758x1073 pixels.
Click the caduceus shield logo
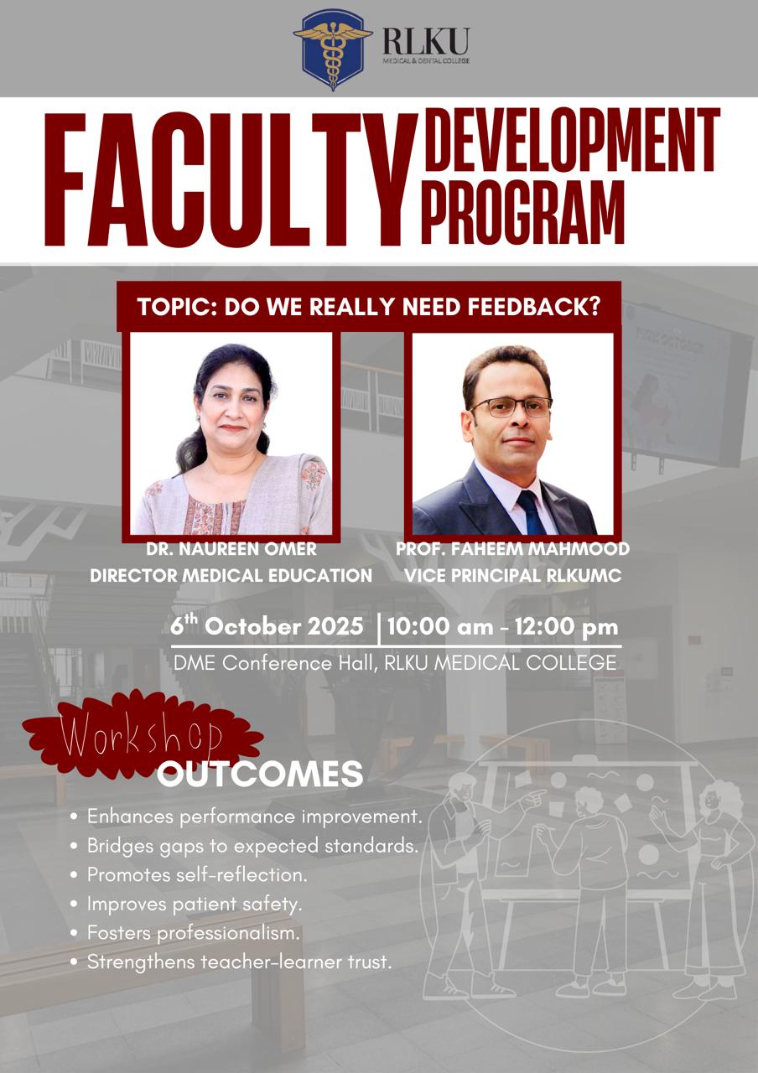click(333, 49)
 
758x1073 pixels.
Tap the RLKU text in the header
click(426, 42)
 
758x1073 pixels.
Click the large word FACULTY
click(231, 180)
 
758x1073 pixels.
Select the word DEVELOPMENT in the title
click(573, 140)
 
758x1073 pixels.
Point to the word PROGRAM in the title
click(525, 212)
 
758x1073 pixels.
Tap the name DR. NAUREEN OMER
click(231, 549)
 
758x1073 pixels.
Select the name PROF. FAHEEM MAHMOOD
click(512, 549)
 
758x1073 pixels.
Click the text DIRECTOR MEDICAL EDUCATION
click(231, 575)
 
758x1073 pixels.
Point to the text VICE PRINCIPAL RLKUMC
click(512, 575)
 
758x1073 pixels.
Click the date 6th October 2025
click(267, 625)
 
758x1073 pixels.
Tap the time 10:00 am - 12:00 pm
click(502, 627)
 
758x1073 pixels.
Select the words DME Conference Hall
click(276, 663)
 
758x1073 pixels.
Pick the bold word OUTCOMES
click(260, 774)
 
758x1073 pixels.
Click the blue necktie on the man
click(531, 511)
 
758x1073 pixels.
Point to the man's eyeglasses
click(511, 407)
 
